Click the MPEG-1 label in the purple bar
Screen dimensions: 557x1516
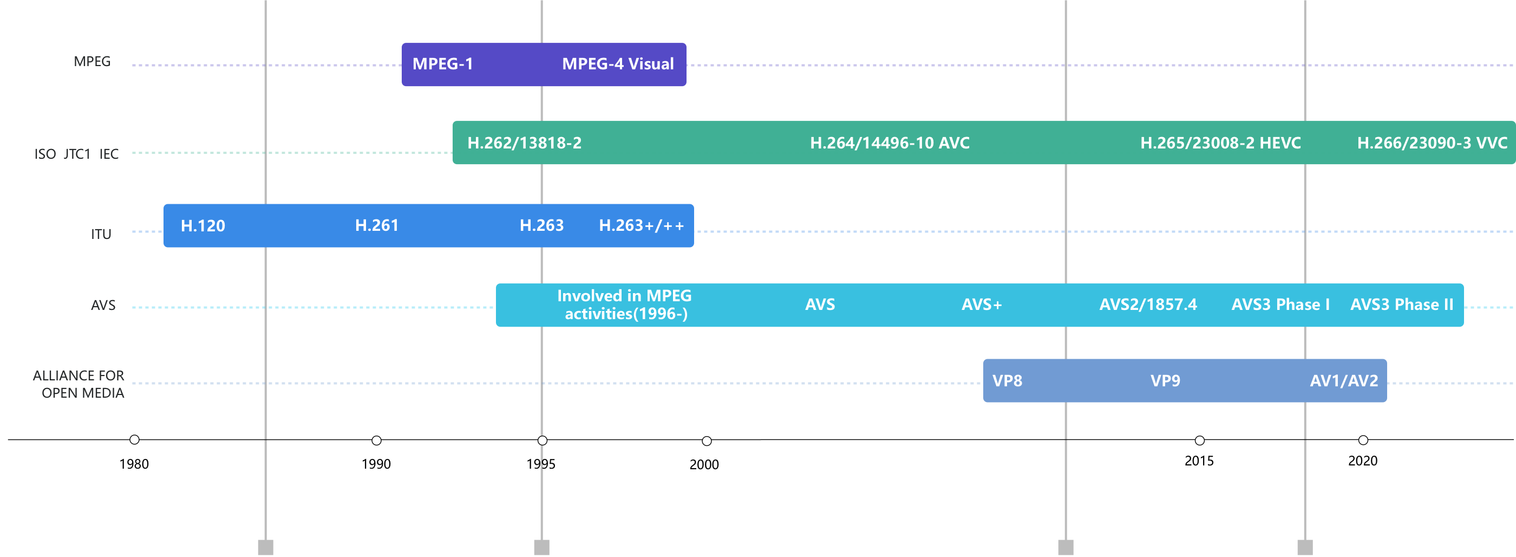coord(442,63)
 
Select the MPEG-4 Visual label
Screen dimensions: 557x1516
coord(617,63)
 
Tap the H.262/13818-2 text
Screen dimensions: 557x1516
coord(524,143)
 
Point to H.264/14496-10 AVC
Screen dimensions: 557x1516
coord(889,143)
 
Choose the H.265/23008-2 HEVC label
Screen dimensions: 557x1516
coord(1220,143)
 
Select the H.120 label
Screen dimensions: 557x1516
coord(202,226)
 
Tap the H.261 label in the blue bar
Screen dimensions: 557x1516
coord(377,225)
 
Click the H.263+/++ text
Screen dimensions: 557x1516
coord(641,225)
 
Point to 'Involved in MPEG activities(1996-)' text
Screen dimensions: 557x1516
coord(624,305)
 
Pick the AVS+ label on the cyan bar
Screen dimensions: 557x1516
coord(981,305)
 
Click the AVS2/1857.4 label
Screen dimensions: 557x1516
coord(1148,305)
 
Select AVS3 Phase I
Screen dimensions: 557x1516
coord(1280,305)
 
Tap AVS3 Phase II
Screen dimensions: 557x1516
coord(1401,305)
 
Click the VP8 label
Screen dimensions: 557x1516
coord(1007,381)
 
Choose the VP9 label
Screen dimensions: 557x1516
coord(1165,381)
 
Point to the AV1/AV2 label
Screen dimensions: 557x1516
coord(1344,381)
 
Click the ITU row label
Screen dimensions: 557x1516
coord(101,234)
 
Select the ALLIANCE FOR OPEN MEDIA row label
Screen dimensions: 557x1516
coord(79,384)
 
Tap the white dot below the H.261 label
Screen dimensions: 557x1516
coord(377,441)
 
